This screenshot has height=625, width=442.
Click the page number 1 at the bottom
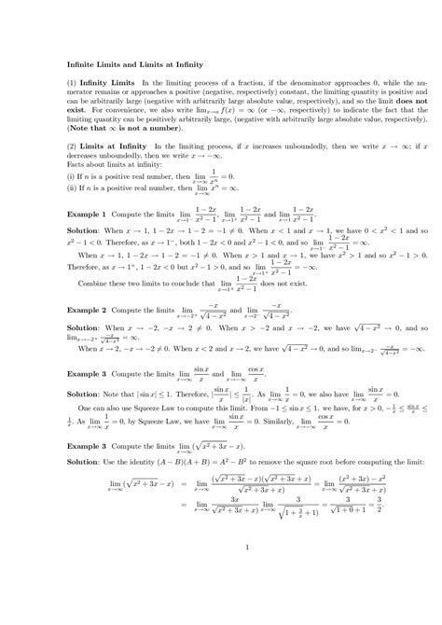221,572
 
